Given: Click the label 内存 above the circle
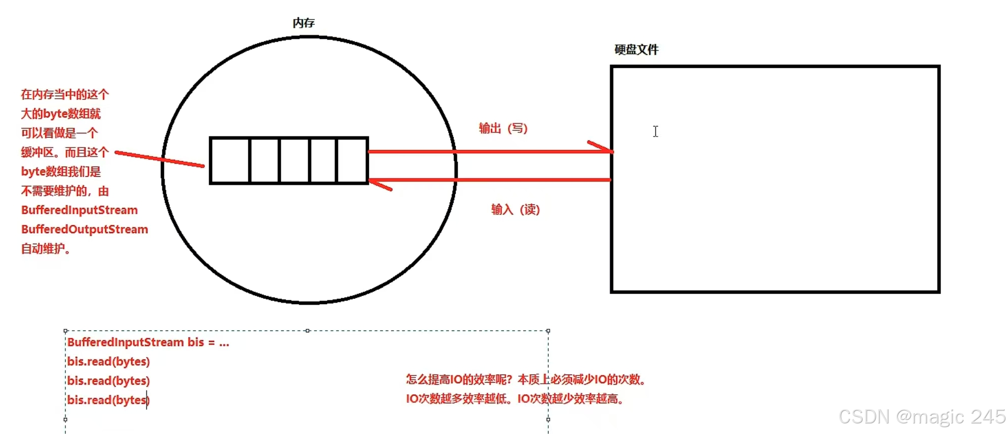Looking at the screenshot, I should pyautogui.click(x=303, y=23).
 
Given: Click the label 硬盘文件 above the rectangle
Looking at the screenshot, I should pyautogui.click(x=636, y=50).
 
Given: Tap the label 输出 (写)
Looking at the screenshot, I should pyautogui.click(x=503, y=128).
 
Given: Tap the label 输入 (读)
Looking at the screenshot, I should pyautogui.click(x=515, y=209).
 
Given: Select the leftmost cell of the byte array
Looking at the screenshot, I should pyautogui.click(x=230, y=161).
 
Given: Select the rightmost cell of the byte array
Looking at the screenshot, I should pyautogui.click(x=352, y=161).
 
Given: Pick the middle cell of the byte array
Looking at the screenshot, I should pyautogui.click(x=295, y=161).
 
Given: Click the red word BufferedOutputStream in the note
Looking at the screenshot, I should pyautogui.click(x=85, y=230).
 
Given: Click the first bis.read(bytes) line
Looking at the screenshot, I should pyautogui.click(x=109, y=361).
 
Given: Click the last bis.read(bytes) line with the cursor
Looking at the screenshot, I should pyautogui.click(x=109, y=400).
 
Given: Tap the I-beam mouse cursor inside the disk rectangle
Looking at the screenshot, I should pyautogui.click(x=655, y=131).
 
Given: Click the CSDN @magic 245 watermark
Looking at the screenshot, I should pyautogui.click(x=921, y=417).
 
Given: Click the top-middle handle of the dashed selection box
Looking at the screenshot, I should pyautogui.click(x=307, y=331).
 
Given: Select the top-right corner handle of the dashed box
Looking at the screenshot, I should pyautogui.click(x=548, y=331).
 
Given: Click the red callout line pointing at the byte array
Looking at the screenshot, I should pyautogui.click(x=159, y=159).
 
